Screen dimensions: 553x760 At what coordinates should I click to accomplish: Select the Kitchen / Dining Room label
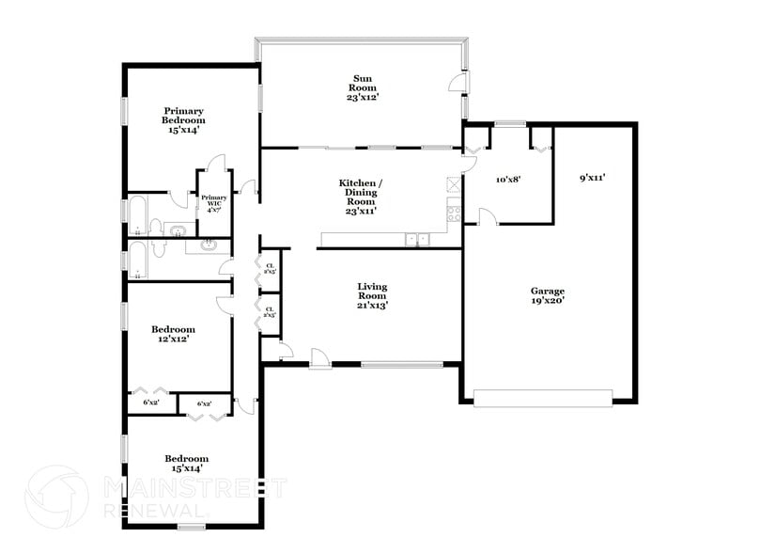[x=360, y=192]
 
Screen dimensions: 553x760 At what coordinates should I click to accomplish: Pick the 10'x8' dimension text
[x=507, y=178]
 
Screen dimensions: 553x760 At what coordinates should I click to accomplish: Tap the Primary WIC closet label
[x=213, y=203]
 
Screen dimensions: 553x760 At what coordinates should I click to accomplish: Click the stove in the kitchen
[x=455, y=212]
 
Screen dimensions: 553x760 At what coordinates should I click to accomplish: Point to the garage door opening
[x=545, y=399]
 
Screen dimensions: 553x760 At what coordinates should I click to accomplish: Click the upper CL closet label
[x=270, y=269]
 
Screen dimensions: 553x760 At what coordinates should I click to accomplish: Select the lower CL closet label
[x=270, y=311]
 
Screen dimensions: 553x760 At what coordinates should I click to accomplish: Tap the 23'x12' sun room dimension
[x=363, y=96]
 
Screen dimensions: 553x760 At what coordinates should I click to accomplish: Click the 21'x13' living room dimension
[x=372, y=305]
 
